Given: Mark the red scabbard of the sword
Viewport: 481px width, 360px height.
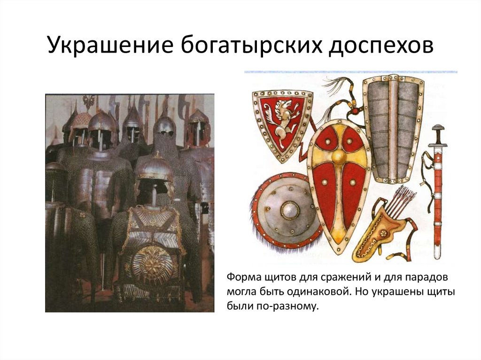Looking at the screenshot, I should point(438,197).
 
